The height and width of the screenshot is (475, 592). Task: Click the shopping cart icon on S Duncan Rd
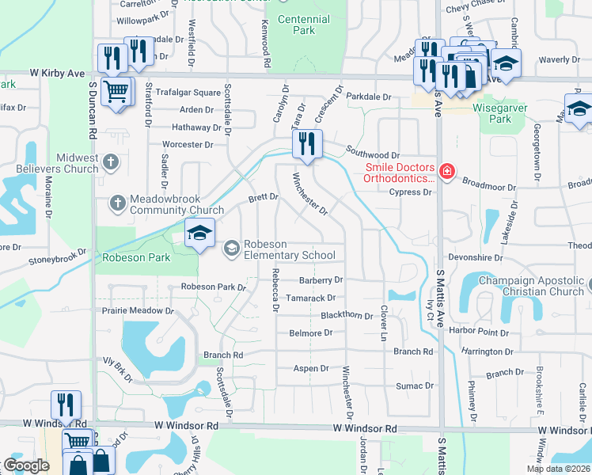point(116,91)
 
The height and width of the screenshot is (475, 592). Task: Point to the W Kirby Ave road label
point(58,73)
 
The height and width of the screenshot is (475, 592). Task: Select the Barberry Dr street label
point(321,280)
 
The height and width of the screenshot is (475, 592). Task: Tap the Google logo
point(26,465)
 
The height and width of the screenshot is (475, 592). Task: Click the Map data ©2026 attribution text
point(557,469)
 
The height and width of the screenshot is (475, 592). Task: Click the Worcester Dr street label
point(188,145)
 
